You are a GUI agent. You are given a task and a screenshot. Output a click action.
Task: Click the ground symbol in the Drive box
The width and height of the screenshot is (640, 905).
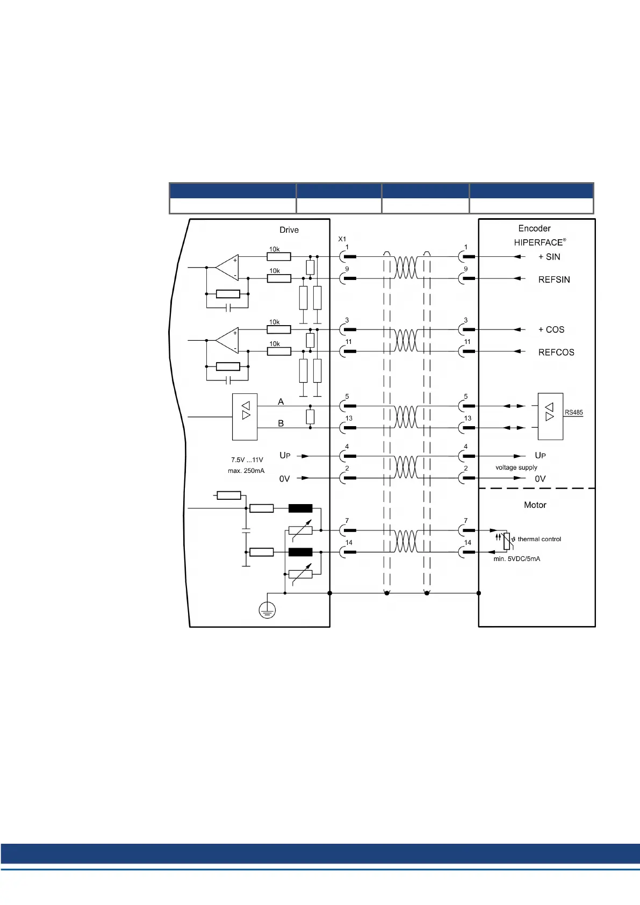267,610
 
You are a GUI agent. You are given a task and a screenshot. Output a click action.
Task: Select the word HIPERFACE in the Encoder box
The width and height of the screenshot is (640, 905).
538,242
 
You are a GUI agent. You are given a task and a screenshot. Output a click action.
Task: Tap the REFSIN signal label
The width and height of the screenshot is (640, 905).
554,279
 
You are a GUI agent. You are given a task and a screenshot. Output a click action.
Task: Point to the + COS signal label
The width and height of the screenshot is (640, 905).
551,329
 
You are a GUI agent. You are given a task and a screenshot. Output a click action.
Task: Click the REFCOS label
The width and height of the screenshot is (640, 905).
556,353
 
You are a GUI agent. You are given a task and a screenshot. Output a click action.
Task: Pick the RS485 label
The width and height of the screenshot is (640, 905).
573,413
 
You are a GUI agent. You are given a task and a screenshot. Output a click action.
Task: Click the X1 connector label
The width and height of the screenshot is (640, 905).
342,239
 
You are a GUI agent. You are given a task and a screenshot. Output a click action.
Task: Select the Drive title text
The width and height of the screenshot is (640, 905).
289,230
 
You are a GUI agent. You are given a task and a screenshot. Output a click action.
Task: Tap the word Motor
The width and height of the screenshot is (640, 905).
535,505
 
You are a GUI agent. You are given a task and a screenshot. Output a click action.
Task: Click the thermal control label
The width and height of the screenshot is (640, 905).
539,539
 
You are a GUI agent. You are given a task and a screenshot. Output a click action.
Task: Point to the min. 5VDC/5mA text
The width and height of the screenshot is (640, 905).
517,559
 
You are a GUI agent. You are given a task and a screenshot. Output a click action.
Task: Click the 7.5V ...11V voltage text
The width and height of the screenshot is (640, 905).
247,460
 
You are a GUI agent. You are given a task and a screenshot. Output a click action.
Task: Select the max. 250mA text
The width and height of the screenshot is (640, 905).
246,471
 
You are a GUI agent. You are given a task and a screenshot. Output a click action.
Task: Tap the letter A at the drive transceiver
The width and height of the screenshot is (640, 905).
281,402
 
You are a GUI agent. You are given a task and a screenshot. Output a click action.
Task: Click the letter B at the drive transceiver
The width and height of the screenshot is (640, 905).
281,423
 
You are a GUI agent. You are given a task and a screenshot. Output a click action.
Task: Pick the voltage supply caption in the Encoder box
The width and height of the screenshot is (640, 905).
516,468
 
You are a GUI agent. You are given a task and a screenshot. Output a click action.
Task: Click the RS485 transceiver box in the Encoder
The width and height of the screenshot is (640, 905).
550,416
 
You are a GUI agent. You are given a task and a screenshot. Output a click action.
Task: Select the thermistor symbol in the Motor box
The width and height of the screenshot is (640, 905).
506,541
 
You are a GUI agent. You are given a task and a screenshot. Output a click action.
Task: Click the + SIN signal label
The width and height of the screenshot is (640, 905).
549,257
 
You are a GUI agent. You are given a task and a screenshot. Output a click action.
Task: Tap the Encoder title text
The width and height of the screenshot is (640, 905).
534,228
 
